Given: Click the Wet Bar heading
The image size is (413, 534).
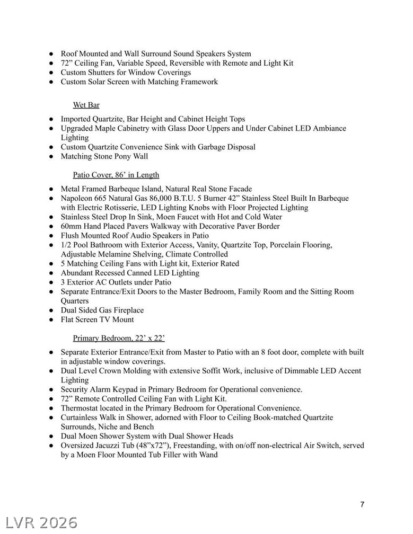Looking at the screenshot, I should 86,105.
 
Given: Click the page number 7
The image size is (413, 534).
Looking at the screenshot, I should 362,504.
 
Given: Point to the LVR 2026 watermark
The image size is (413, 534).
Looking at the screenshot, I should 39,522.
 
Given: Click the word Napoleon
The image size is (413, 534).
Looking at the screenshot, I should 77,198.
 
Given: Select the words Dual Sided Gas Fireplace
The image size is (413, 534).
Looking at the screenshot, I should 102,310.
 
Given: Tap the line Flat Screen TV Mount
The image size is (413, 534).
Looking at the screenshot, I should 97,319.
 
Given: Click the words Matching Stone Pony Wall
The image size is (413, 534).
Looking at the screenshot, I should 104,156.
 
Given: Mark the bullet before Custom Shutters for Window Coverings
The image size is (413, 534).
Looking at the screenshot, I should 52,73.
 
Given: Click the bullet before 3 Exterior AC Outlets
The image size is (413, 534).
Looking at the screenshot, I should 52,282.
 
